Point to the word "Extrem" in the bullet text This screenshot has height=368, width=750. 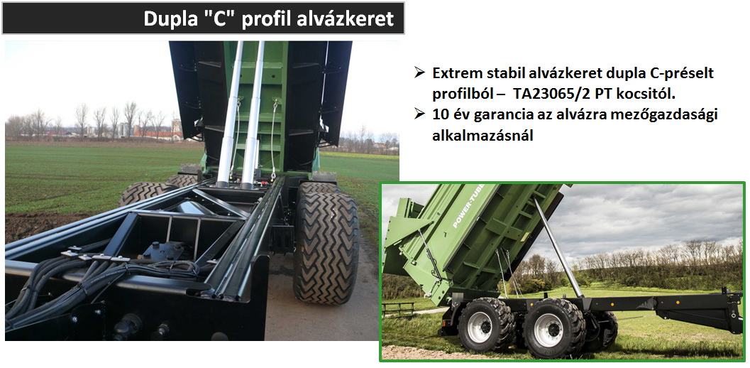coord(456,73)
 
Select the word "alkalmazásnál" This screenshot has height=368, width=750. coord(482,136)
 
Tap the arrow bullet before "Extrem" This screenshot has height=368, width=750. coord(420,73)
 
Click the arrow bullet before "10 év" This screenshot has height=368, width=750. coord(420,114)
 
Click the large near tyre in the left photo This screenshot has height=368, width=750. coord(326,245)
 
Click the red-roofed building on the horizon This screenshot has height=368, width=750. coord(158,133)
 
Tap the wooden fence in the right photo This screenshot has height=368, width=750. coord(399,309)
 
